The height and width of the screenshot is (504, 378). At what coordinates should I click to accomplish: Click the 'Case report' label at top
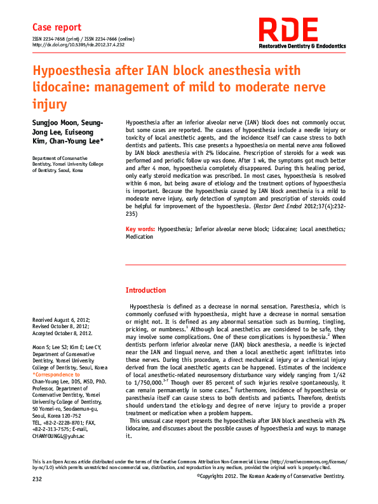tap(57, 27)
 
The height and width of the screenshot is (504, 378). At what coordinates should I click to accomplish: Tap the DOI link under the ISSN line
tap(78, 46)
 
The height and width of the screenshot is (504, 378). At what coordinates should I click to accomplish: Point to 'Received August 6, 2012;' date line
tap(61, 320)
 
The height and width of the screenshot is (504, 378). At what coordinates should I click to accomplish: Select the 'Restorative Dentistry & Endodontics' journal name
tap(302, 46)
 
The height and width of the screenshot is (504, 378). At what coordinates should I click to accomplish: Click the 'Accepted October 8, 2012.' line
tap(62, 333)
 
